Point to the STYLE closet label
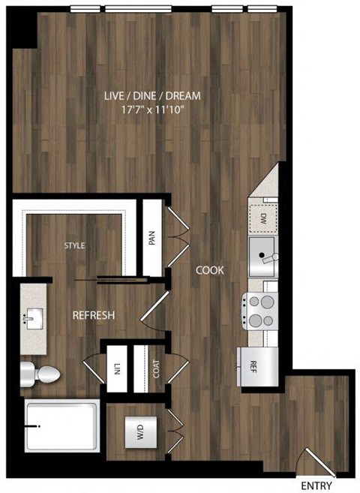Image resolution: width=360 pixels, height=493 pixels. tap(74, 245)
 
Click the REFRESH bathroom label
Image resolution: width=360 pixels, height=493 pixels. tap(93, 315)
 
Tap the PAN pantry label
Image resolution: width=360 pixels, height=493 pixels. tap(152, 238)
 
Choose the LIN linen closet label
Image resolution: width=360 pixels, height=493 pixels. tap(118, 368)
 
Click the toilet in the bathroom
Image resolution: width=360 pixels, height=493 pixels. tap(41, 373)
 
